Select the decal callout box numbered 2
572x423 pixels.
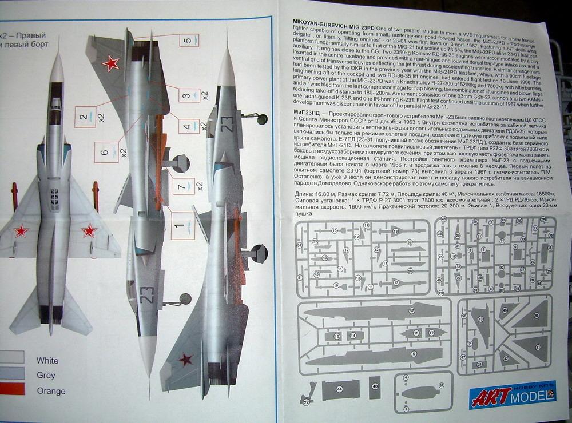click(85, 117)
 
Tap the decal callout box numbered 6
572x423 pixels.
click(106, 152)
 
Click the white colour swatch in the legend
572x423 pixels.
click(11, 358)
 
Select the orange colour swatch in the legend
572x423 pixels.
click(11, 389)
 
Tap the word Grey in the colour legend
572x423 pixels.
click(46, 376)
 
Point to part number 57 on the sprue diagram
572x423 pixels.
click(412, 311)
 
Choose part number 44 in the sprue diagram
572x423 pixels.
click(340, 390)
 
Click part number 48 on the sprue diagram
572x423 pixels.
click(375, 388)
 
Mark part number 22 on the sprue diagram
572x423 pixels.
click(307, 402)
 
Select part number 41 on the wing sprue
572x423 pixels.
click(537, 346)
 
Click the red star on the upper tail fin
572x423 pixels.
click(111, 63)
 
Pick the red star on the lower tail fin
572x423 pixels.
click(185, 359)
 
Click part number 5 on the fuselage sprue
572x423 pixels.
click(414, 354)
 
